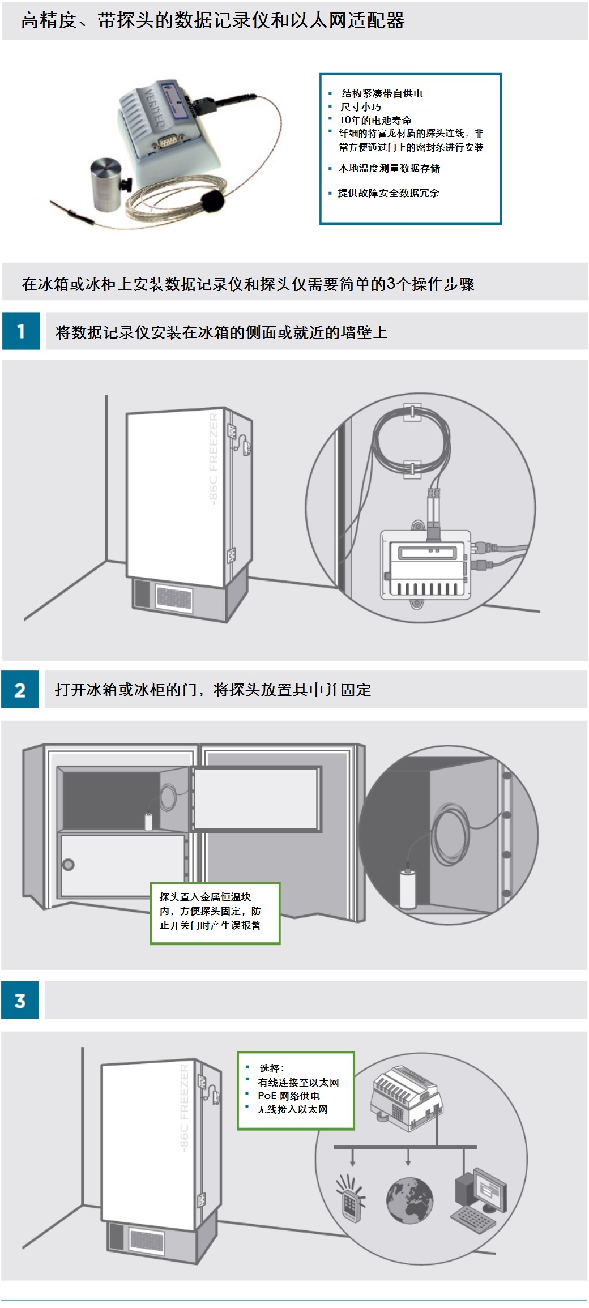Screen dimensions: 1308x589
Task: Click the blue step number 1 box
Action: [21, 331]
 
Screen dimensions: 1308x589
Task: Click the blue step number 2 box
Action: [20, 689]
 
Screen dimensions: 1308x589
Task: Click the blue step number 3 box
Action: [20, 1001]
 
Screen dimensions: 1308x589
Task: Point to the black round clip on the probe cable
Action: [212, 200]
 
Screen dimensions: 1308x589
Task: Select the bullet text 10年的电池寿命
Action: [375, 120]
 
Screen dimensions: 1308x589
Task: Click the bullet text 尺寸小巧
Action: [361, 106]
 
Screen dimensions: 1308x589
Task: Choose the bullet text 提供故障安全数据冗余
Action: [389, 193]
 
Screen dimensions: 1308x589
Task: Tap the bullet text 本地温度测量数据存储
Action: [389, 168]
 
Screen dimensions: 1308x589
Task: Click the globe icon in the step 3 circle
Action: [409, 1199]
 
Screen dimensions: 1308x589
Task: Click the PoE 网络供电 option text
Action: [289, 1096]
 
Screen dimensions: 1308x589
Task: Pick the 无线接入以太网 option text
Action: [292, 1109]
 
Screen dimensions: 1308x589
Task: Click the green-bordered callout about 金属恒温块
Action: [215, 913]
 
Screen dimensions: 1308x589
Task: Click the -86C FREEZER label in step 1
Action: [213, 458]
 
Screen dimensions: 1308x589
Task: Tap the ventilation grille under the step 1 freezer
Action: [174, 597]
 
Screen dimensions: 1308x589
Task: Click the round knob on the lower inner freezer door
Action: [69, 865]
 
